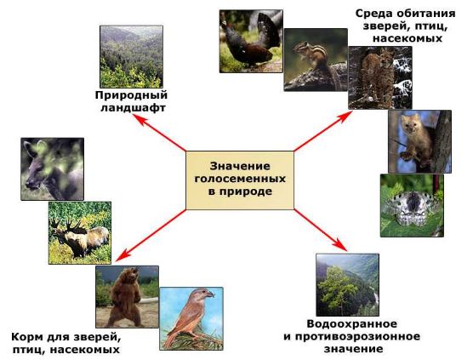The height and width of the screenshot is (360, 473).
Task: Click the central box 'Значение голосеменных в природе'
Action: click(240, 180)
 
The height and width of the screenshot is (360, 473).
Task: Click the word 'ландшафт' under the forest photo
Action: click(133, 108)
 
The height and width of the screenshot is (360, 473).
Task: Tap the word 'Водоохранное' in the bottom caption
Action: click(351, 324)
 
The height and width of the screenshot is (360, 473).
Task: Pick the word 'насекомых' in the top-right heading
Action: click(407, 38)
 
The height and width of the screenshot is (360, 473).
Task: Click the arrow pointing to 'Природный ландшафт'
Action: click(159, 133)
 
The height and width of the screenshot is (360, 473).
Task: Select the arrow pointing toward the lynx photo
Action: click(323, 131)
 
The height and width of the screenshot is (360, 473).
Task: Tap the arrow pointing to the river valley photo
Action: click(321, 230)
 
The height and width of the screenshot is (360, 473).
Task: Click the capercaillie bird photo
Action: click(251, 42)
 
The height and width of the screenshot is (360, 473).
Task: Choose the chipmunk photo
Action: click(316, 60)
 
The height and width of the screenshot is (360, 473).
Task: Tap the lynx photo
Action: click(380, 77)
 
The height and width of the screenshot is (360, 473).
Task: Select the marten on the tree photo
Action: click(419, 141)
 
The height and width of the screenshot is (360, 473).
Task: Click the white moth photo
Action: click(412, 205)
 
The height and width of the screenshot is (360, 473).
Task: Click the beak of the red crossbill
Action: click(210, 294)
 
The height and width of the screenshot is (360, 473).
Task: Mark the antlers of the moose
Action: click(67, 226)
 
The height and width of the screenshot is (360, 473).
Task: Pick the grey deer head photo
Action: click(52, 169)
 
